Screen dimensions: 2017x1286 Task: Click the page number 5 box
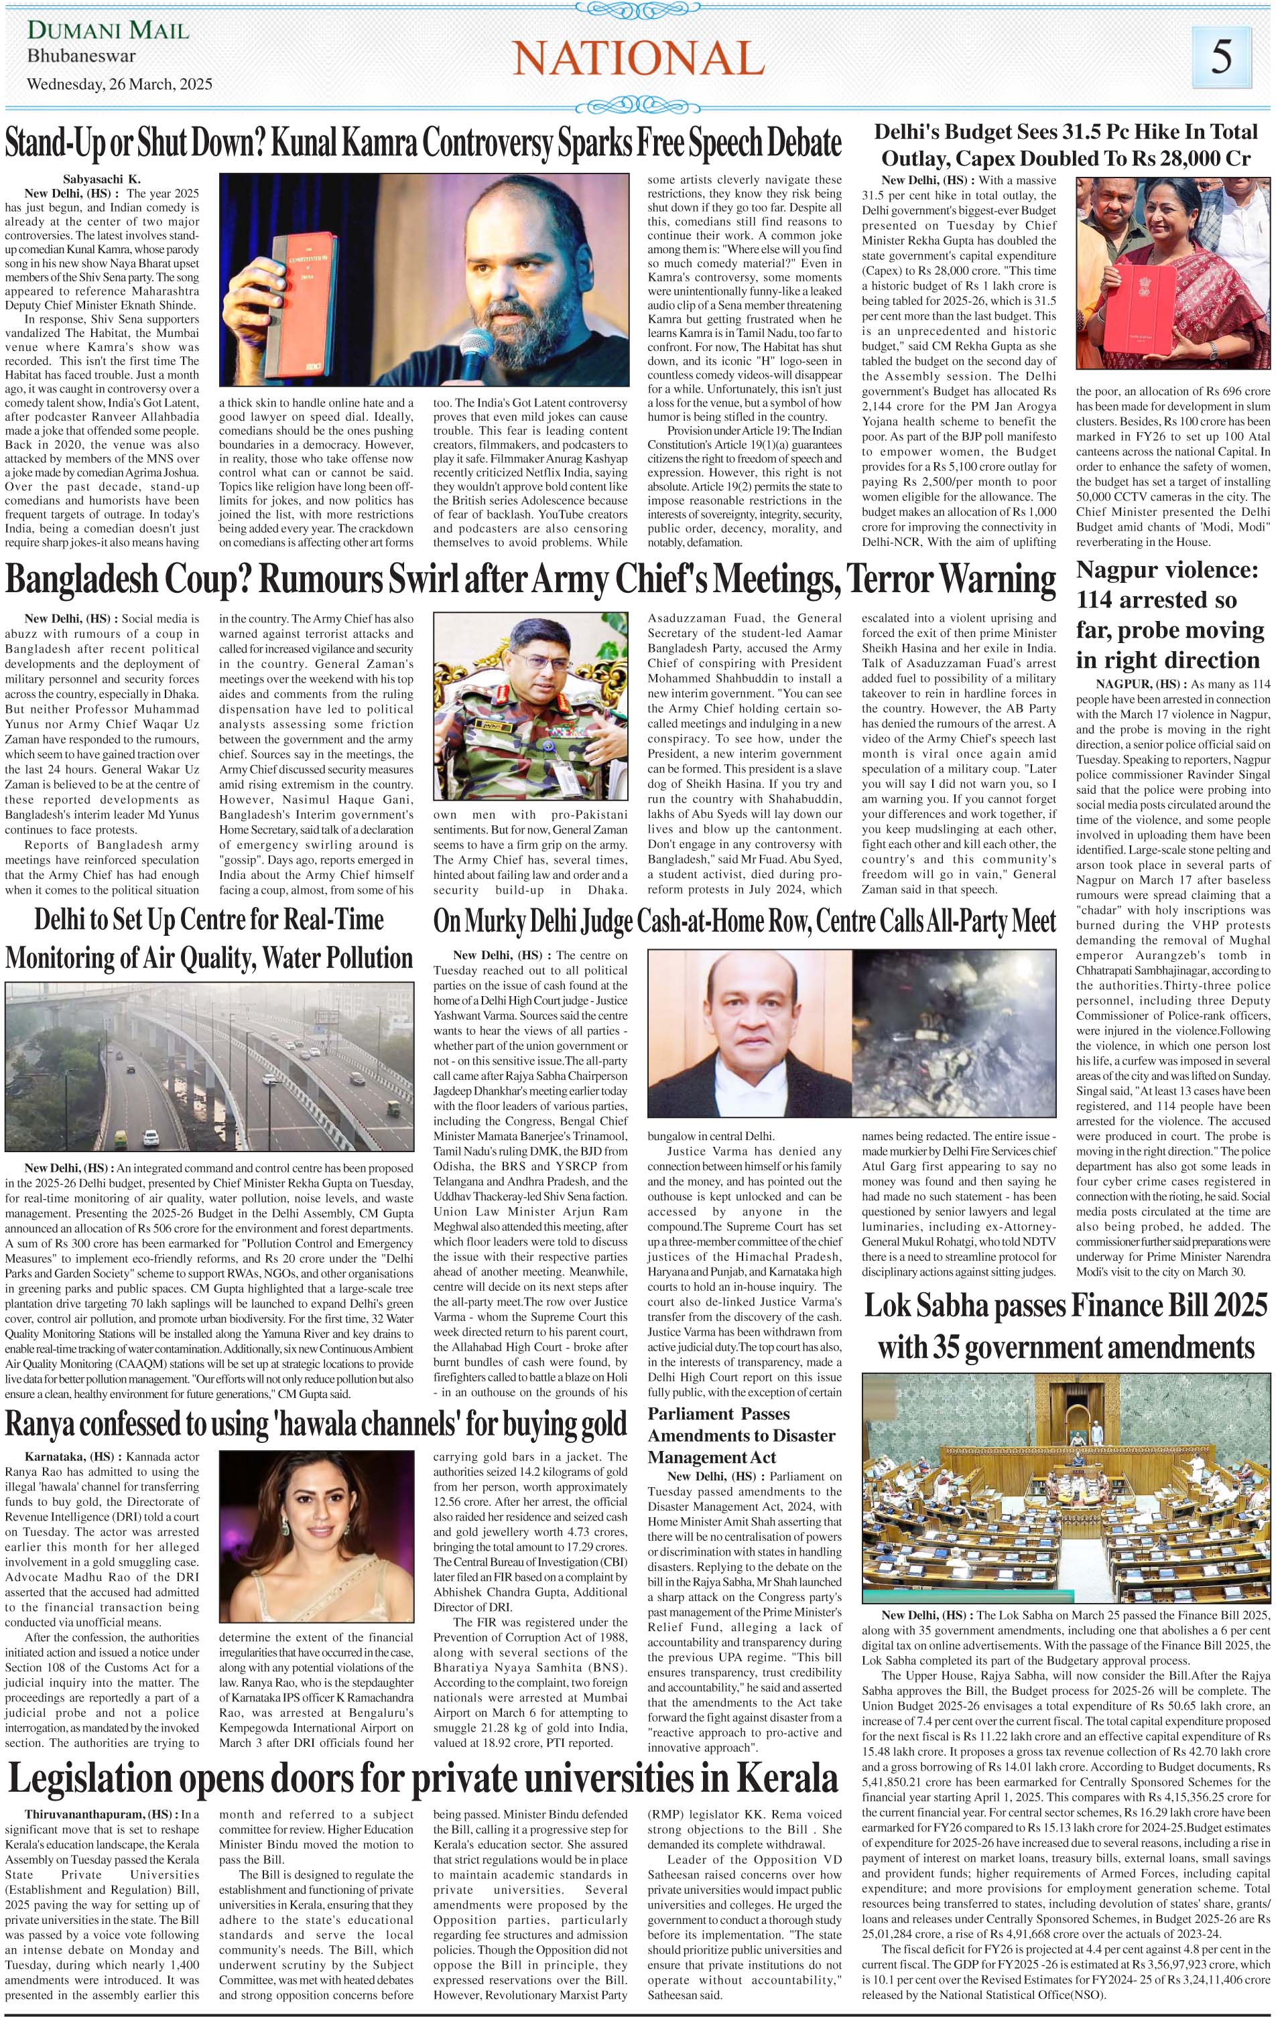coord(1222,57)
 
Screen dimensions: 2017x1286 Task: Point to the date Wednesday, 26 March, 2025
coord(120,84)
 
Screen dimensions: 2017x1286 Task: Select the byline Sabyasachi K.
coord(101,178)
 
